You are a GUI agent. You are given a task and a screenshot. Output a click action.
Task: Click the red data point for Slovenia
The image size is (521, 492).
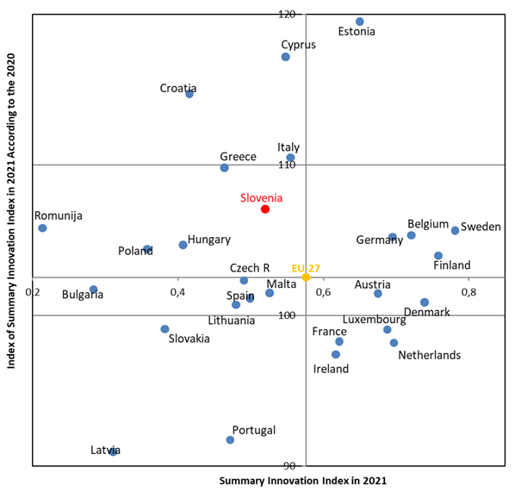(265, 209)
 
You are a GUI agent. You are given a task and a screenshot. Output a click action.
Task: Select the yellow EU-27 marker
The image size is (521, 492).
(306, 277)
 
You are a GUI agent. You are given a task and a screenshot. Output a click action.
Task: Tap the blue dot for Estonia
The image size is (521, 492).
(360, 22)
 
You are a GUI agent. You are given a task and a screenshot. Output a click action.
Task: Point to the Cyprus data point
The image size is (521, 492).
(286, 57)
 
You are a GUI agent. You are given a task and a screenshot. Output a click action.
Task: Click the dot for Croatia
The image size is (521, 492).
(189, 94)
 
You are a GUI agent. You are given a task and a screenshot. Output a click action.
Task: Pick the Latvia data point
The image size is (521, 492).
(113, 452)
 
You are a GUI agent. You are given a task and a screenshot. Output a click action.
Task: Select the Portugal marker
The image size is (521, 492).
(230, 439)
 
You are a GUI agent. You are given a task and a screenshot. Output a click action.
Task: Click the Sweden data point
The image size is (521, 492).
(456, 230)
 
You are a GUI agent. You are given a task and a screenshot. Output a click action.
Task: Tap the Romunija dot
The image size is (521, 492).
(42, 227)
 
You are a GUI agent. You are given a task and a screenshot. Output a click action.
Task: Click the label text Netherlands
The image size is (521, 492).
(429, 355)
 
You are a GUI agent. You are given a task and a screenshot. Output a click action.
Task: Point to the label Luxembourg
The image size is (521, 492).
(374, 320)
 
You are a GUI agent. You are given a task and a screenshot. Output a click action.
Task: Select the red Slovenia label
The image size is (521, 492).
(261, 197)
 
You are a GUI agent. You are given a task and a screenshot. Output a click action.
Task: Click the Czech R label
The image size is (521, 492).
(250, 268)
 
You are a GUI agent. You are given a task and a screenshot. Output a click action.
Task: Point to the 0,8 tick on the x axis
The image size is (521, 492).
(468, 292)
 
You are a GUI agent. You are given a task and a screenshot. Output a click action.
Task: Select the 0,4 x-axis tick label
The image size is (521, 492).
(178, 292)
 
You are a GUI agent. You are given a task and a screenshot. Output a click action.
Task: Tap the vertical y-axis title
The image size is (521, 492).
(12, 233)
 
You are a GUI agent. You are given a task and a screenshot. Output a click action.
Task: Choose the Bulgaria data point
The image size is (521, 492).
(93, 290)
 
